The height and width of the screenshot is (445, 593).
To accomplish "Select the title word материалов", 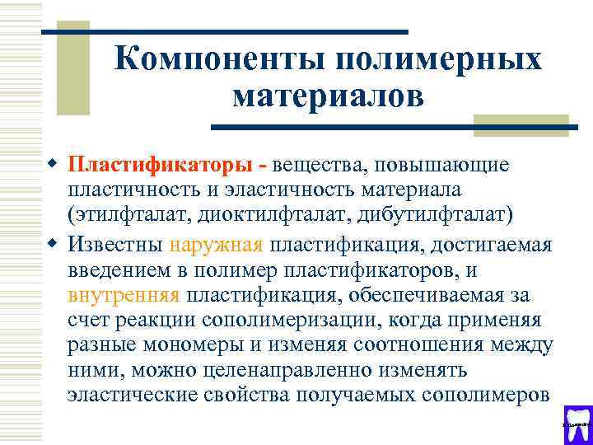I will [329, 96].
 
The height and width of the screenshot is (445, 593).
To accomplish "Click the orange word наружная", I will [216, 245].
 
